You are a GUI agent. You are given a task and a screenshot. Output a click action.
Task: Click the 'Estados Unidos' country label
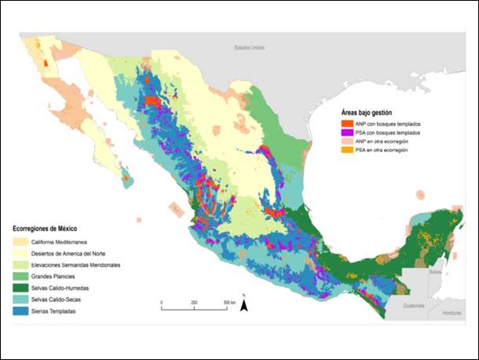(249, 48)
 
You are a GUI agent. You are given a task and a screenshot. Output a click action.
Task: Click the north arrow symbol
(244, 303)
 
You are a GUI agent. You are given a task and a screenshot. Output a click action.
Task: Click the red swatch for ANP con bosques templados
(346, 123)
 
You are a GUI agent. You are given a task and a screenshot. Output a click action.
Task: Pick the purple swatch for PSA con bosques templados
(346, 134)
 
